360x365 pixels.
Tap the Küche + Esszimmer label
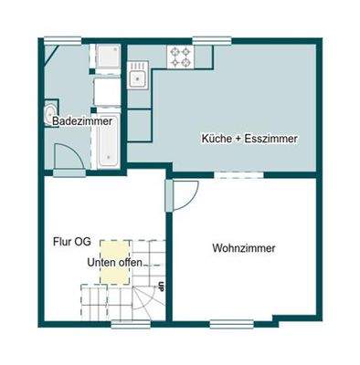pos(249,139)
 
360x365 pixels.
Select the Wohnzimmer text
pos(243,247)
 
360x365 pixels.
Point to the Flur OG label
pos(70,242)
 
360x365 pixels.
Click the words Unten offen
pos(109,263)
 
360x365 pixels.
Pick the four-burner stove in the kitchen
pos(179,57)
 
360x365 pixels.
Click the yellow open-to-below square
pos(114,253)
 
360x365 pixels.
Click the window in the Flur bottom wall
pos(122,321)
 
